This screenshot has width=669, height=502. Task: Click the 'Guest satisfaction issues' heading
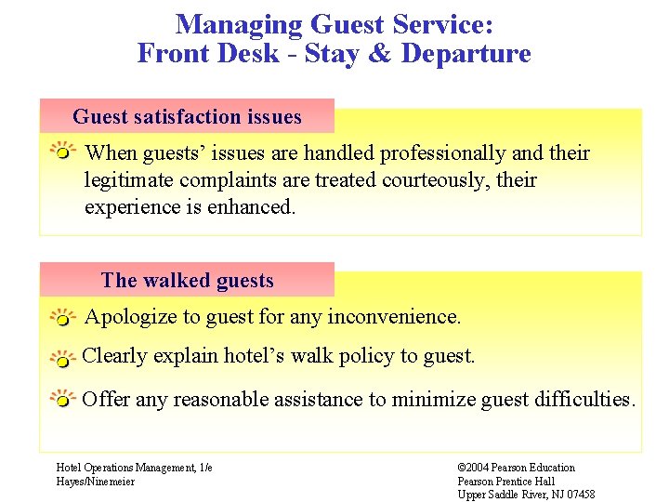tap(187, 116)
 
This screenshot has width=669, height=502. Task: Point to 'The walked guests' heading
tap(187, 280)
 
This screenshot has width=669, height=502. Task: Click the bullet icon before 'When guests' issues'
tap(62, 152)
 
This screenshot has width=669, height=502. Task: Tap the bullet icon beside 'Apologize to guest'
tap(61, 318)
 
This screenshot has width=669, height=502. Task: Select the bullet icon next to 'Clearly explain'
tap(61, 358)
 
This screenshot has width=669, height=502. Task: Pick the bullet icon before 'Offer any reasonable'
tap(61, 401)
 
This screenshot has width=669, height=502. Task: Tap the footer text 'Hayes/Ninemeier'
tap(95, 481)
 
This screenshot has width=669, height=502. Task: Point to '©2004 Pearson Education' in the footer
tap(517, 468)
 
